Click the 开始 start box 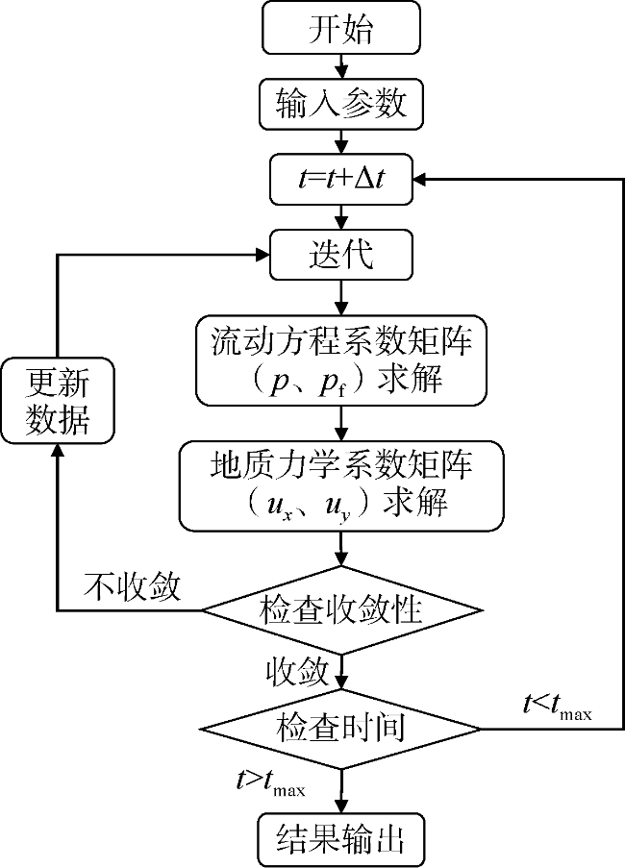coord(340,30)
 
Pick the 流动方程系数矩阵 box coord(340,360)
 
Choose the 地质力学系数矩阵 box coord(340,484)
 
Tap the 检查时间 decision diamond coord(340,728)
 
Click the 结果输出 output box coord(340,837)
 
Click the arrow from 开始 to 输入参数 coord(340,64)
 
